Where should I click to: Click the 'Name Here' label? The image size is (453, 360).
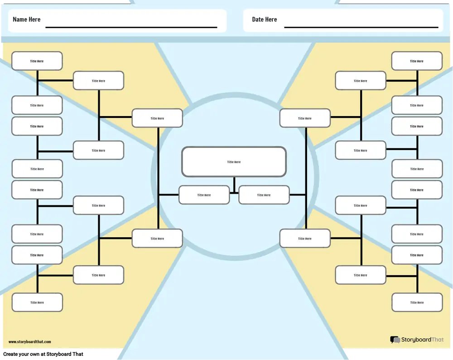[26, 19]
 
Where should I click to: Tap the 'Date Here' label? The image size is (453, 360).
[264, 19]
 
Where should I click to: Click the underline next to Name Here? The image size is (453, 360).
[131, 28]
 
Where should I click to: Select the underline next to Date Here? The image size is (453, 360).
[361, 28]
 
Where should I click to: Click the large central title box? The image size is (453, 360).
[234, 162]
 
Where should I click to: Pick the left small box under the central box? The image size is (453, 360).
[204, 195]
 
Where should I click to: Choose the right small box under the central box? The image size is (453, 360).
[264, 195]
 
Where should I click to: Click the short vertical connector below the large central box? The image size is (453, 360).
[234, 182]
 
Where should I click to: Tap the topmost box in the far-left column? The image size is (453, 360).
[37, 61]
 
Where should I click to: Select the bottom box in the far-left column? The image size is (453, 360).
[37, 302]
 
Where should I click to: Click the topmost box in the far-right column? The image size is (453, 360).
[417, 61]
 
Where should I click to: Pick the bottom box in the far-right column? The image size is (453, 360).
[417, 302]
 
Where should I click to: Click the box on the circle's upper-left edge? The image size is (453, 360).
[157, 118]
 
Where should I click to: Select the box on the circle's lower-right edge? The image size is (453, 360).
[305, 238]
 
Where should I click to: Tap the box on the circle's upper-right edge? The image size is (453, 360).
[305, 118]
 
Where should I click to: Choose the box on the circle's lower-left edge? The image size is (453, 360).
[157, 238]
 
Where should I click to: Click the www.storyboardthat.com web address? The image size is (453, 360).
[29, 342]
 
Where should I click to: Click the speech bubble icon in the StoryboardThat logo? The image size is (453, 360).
[395, 340]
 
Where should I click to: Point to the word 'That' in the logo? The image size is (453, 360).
[437, 340]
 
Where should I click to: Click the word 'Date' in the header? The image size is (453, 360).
[258, 19]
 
